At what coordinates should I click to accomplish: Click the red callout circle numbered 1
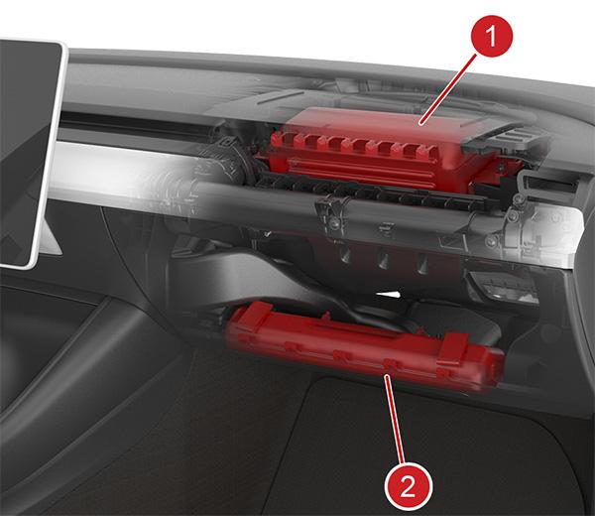tap(492, 36)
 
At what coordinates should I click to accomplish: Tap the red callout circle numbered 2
tap(408, 486)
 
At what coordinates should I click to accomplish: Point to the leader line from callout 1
tap(448, 89)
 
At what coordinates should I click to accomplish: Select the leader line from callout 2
tap(395, 419)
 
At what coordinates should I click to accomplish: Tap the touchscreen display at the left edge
tap(29, 152)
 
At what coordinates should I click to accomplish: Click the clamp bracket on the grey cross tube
tap(334, 212)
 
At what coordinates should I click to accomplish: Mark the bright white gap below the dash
tap(388, 295)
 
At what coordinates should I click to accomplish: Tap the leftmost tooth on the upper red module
tap(277, 141)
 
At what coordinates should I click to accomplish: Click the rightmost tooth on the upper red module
tap(422, 152)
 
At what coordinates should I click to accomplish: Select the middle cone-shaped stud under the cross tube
tap(383, 260)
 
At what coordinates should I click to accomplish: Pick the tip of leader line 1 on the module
tap(420, 124)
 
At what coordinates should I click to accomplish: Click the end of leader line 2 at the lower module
tap(386, 375)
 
